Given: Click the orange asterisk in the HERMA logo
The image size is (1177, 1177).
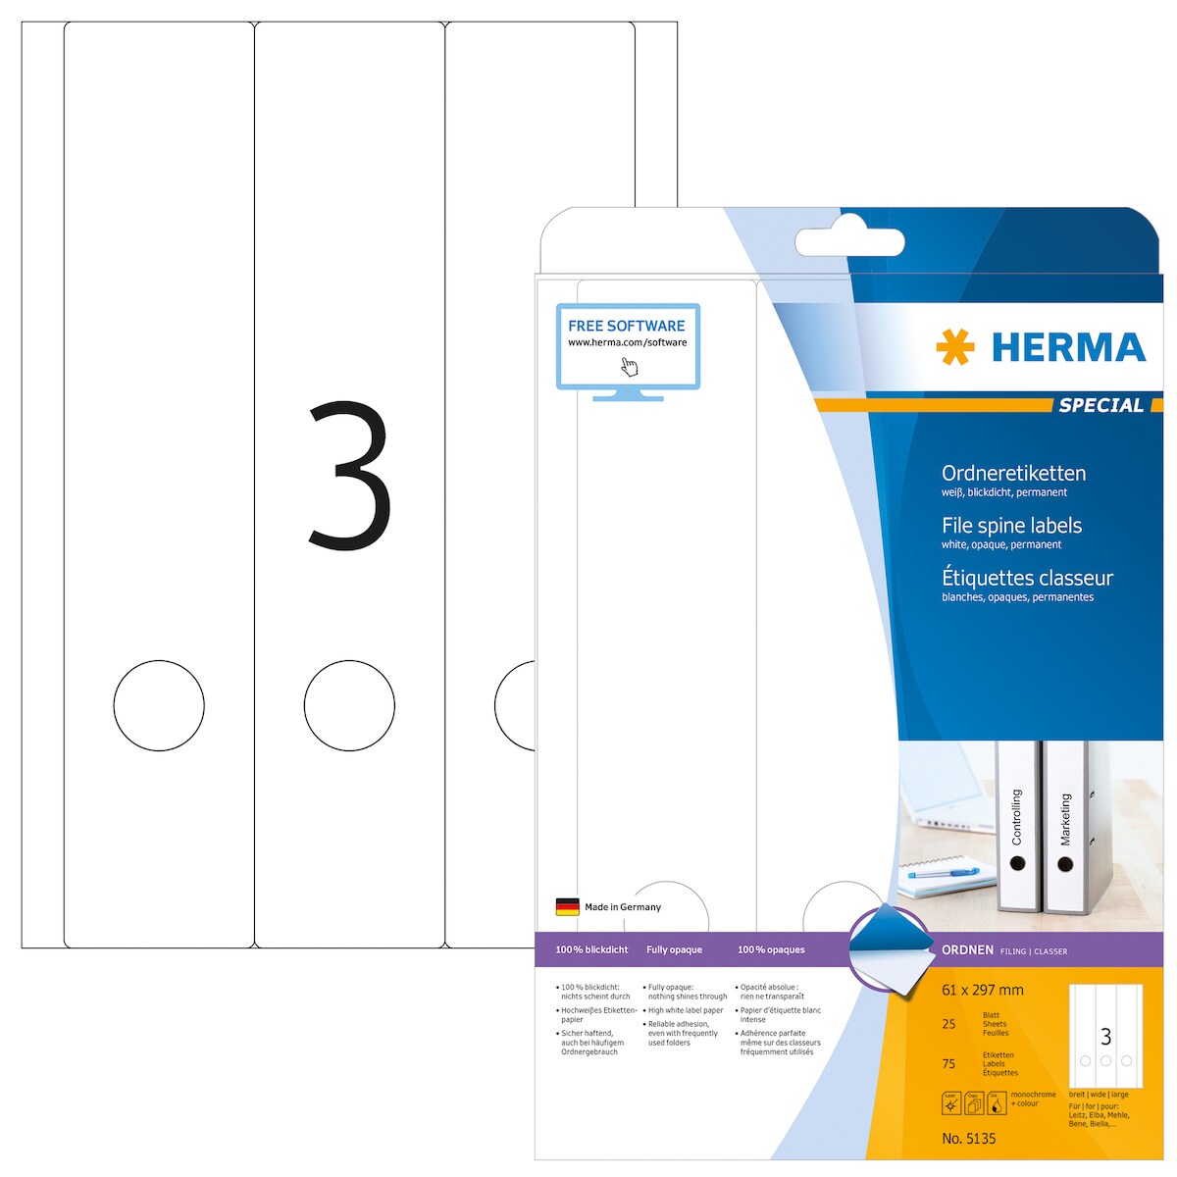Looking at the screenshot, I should coord(955,347).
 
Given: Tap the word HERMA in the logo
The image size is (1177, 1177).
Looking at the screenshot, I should coord(1068,348).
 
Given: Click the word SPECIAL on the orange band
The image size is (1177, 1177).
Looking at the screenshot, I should coord(1100,405).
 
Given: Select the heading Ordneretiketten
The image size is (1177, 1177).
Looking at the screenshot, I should coord(1013,473).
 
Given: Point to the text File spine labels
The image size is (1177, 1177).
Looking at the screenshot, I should coord(1011,526).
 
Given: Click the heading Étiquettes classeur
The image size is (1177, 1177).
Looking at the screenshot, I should coord(1027,578).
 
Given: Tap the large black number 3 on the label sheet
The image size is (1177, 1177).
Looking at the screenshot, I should coord(350,475).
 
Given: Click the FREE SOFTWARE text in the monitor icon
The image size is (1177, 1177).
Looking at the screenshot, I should coord(627,326).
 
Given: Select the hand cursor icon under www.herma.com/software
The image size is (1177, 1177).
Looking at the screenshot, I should coord(630,366).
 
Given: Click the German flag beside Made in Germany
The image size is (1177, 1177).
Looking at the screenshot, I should coord(567,907).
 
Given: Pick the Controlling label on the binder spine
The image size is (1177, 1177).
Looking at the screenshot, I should coord(1017,816).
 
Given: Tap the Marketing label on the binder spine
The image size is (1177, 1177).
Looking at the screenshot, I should coord(1066,820).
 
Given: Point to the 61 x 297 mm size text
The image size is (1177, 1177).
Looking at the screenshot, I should coord(982,991).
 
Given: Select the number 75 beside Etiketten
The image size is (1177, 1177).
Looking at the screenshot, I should coord(948,1063).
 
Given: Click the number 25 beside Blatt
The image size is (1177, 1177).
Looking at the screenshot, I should coord(948,1024).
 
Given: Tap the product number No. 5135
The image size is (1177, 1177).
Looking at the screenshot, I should coord(968,1139).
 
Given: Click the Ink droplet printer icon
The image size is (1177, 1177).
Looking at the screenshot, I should coord(996,1104).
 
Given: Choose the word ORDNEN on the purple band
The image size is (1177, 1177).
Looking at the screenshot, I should coord(967,950).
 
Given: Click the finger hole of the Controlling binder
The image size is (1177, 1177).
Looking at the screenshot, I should coord(1017,864).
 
